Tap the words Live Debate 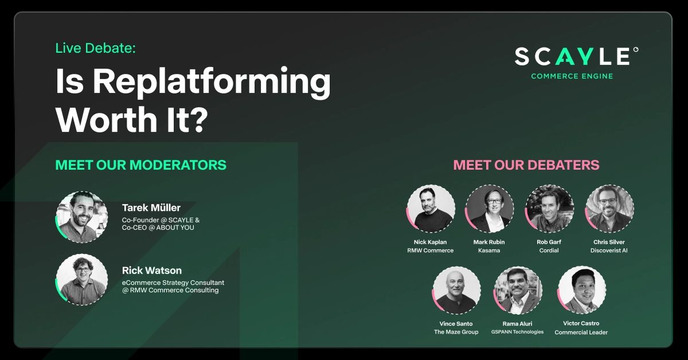coord(95,48)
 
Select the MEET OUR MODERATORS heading coord(140,165)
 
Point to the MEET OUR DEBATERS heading coord(526,165)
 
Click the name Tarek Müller coord(151,208)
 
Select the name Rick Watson coord(151,270)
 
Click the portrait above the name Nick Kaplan coord(431,209)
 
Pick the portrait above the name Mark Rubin coord(489,209)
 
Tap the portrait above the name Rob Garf coord(549,209)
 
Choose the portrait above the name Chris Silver coord(609,209)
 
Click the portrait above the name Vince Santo coord(456,291)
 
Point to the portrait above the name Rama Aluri coord(518,291)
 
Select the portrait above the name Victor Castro coord(581,291)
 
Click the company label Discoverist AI coord(609,251)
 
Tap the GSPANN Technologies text coord(517,332)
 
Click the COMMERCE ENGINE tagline coord(572,76)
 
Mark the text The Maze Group coord(456,332)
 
